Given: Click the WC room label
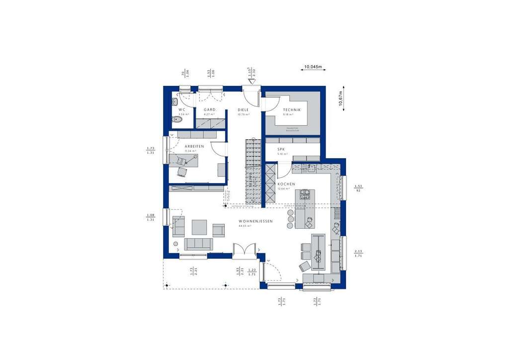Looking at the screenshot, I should [181, 109].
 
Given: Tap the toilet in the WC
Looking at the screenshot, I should [176, 120].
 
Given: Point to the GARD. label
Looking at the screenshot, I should [209, 109].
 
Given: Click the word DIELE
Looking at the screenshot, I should [243, 109].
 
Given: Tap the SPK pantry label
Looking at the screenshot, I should [281, 149].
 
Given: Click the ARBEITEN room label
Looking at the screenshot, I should [189, 146].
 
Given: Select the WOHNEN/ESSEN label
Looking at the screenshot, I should [255, 221].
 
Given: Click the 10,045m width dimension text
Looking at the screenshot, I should [313, 66].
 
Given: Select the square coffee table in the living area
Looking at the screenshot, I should [199, 227].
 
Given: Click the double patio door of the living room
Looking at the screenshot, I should [244, 249].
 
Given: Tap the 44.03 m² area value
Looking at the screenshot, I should [245, 226].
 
